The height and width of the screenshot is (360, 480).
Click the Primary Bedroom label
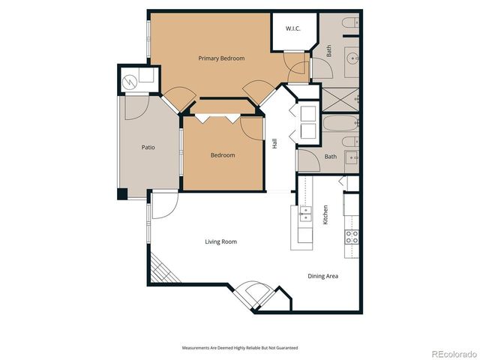[x=221, y=58]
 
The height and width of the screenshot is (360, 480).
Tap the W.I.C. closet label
[x=293, y=28]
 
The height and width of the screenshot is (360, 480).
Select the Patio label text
[x=148, y=147]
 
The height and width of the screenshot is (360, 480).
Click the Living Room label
[x=221, y=241]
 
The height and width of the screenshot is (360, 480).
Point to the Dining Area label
[x=322, y=276]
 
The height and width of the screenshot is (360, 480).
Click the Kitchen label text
[x=325, y=216]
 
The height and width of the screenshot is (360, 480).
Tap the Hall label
[x=275, y=142]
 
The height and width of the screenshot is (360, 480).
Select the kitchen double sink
[x=304, y=216]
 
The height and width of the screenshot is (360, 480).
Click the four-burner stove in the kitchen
[x=351, y=236]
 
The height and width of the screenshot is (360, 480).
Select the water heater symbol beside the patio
[x=129, y=79]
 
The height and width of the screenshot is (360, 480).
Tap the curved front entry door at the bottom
[x=253, y=295]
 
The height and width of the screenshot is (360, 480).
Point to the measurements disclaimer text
[x=240, y=348]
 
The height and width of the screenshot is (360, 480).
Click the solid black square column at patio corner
[x=122, y=193]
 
